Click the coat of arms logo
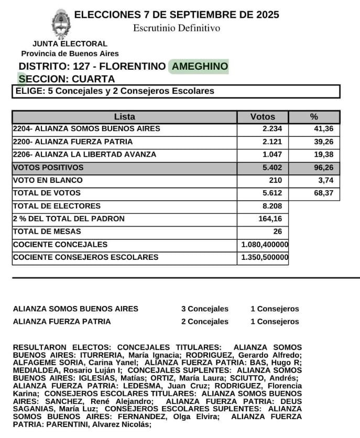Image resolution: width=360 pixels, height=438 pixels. [x=61, y=24]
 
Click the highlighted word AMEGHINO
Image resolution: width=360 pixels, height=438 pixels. [x=200, y=67]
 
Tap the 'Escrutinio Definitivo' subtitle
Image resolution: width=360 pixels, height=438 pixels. [x=177, y=28]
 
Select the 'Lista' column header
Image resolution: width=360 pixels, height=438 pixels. [x=124, y=117]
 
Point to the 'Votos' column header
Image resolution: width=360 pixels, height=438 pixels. [x=263, y=117]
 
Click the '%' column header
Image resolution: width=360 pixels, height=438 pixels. [x=314, y=117]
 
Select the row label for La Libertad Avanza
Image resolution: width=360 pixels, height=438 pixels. [x=84, y=155]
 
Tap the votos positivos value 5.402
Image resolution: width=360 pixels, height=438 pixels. [x=271, y=168]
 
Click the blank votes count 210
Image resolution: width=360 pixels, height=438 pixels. [x=275, y=180]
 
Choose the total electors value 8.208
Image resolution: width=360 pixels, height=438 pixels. [x=271, y=206]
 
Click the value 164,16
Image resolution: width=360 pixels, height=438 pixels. [x=271, y=219]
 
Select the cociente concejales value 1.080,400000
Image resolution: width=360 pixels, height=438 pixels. [x=265, y=245]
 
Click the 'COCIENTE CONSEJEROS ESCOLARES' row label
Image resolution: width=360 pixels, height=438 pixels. [x=85, y=257]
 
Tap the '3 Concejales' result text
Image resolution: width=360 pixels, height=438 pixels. [x=205, y=309]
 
